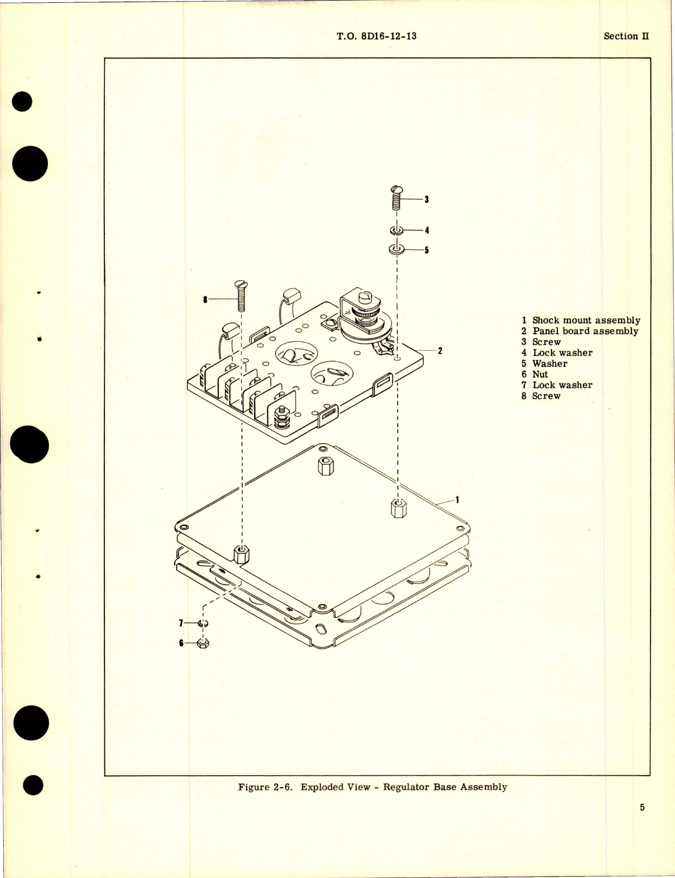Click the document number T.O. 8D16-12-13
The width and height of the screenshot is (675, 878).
tap(377, 36)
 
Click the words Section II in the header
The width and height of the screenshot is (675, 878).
tap(626, 36)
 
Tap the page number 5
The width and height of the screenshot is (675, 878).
tap(642, 807)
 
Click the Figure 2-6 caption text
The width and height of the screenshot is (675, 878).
tap(372, 787)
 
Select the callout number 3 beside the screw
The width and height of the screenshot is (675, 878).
tap(427, 199)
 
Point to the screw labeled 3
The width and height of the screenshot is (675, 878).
tap(397, 199)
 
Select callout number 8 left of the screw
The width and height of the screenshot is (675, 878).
tap(205, 300)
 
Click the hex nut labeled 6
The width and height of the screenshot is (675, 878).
tap(202, 643)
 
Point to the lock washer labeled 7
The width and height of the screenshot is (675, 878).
tap(203, 623)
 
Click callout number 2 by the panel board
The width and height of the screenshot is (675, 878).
tap(440, 351)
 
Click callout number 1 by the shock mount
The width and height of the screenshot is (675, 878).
tap(457, 500)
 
